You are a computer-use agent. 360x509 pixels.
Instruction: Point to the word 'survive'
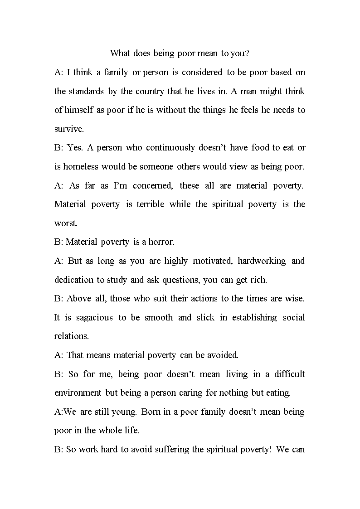69,129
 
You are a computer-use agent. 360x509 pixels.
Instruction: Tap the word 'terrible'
150,204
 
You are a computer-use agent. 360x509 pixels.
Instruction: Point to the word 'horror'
161,242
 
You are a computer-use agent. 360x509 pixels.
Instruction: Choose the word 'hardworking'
262,261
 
